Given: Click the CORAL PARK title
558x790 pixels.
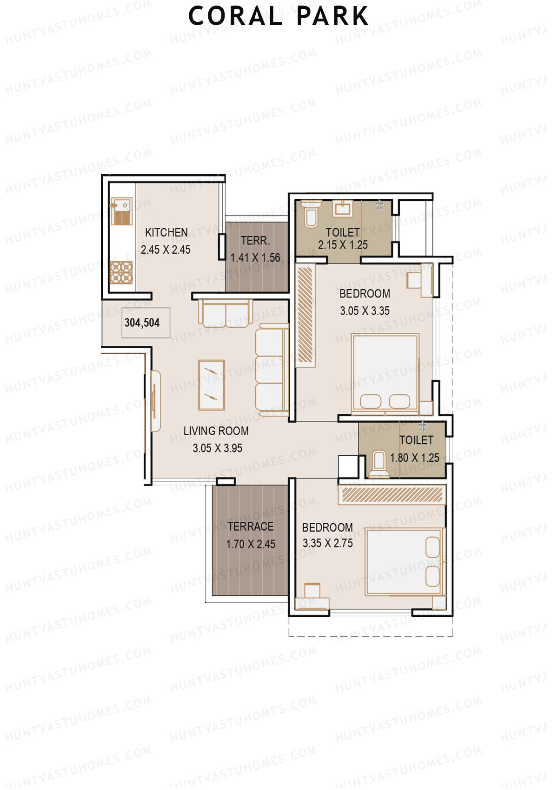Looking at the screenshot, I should click(279, 16).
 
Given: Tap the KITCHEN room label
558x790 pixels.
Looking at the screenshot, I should click(166, 232).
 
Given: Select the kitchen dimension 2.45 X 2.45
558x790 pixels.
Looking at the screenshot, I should click(166, 250).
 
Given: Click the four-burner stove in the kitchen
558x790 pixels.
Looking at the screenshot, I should click(121, 273).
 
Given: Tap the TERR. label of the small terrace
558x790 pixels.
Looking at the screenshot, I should click(255, 241).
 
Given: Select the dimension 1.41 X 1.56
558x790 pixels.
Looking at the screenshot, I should click(255, 257).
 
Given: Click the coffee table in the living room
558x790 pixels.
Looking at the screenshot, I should click(212, 385).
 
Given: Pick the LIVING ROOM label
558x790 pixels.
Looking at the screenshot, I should click(216, 431).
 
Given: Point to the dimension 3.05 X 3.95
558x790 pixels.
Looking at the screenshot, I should click(217, 448).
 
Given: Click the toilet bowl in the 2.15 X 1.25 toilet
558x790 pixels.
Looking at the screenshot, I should click(310, 215).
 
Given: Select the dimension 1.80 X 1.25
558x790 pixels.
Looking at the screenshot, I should click(414, 458).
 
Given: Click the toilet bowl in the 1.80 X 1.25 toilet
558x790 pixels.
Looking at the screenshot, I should click(379, 463).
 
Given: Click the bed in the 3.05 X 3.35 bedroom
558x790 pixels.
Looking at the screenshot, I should click(385, 372).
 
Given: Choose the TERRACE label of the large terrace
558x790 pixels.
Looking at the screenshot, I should click(250, 527).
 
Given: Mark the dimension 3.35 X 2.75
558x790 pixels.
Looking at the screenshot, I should click(327, 543).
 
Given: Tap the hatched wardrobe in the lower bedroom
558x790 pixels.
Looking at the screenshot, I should click(392, 495).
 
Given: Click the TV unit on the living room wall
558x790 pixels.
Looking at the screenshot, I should click(155, 401).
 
